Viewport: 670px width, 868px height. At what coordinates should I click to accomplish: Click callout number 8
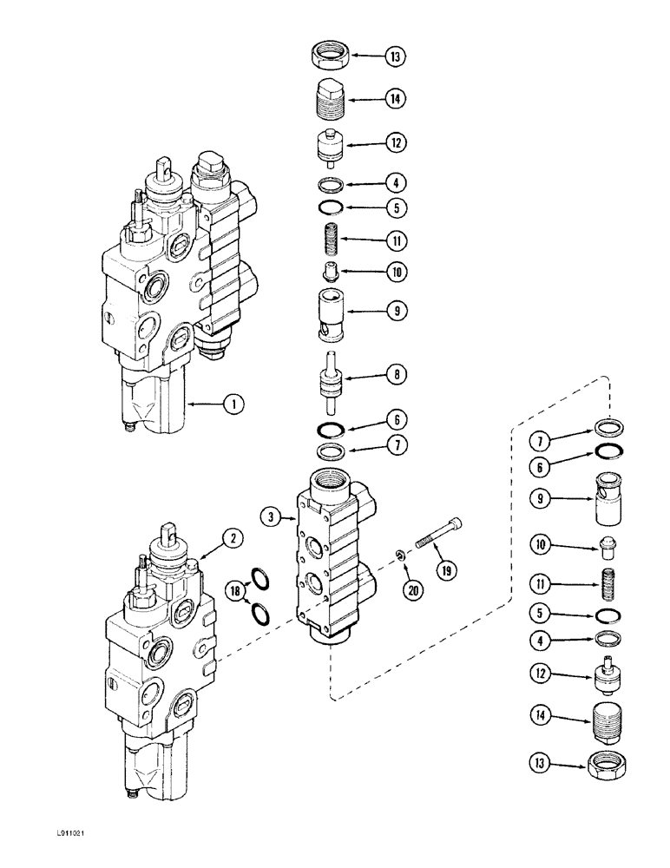click(x=395, y=376)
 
